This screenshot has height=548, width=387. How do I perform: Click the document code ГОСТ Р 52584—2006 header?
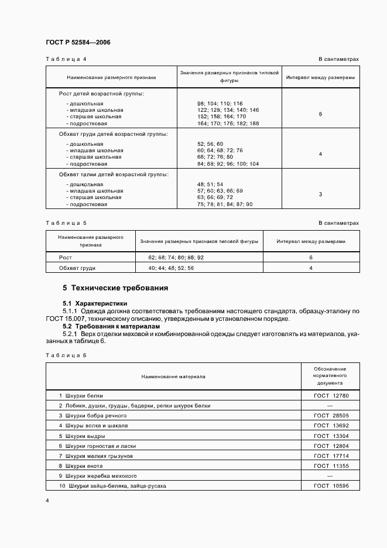[78, 43]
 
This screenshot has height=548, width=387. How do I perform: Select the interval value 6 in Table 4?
[320, 114]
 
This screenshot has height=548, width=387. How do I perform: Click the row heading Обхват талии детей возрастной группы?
[114, 174]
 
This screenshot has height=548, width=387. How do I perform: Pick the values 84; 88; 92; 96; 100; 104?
[228, 164]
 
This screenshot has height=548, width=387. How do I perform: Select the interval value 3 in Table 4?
[320, 194]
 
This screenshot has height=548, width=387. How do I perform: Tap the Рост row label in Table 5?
[66, 258]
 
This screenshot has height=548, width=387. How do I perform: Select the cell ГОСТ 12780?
[331, 396]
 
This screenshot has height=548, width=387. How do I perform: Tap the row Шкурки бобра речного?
[93, 416]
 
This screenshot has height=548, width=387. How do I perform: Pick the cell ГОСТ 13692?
[331, 426]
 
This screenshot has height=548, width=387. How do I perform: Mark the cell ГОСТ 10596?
[331, 486]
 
